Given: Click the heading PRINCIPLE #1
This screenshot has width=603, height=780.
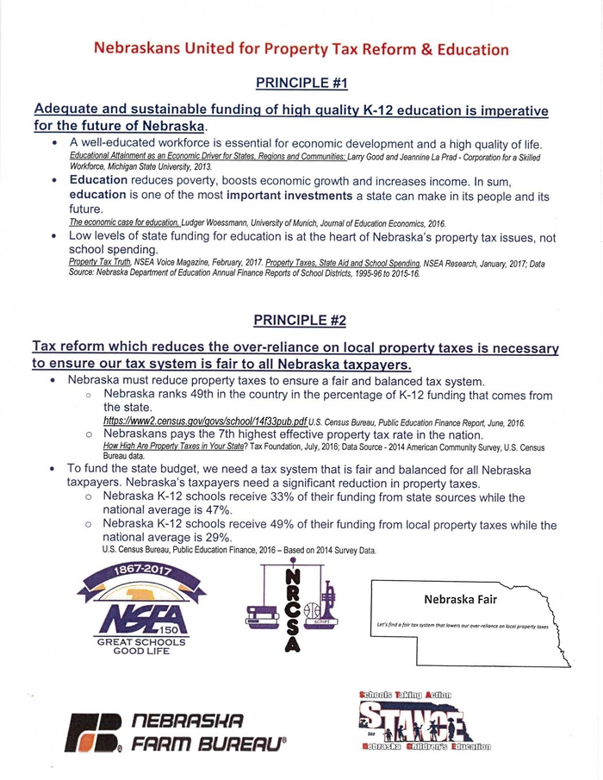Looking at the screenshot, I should (301, 84).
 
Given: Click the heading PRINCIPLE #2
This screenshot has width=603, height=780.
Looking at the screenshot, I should (300, 321).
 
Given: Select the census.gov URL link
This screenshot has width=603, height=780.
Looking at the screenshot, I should (205, 422).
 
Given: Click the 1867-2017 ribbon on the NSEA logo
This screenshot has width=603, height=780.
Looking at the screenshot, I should (130, 574).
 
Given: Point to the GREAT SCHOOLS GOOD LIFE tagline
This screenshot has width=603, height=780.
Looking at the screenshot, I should (129, 646).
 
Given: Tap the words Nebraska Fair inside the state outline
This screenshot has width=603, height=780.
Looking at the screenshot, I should (460, 599).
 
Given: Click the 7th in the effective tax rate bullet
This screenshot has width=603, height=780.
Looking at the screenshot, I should (221, 435).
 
